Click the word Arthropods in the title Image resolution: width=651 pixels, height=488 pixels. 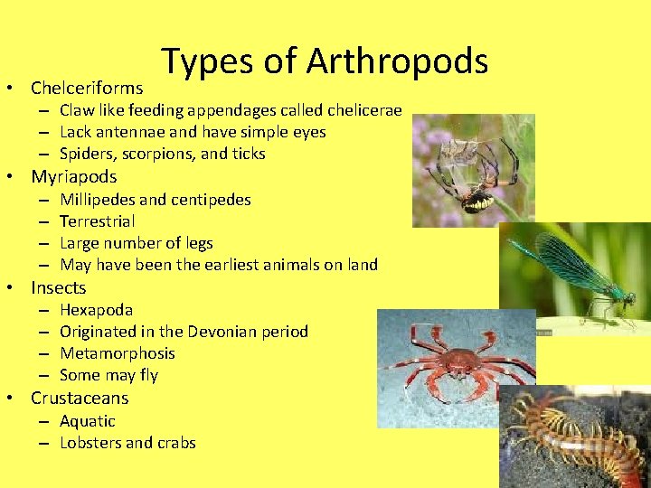[x=397, y=61]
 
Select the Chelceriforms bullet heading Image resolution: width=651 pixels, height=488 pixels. [x=87, y=88]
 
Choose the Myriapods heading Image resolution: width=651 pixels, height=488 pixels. [x=74, y=176]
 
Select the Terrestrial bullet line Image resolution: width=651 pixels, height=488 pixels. [x=98, y=221]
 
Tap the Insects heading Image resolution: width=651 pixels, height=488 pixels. [x=59, y=287]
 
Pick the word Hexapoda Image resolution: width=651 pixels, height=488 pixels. [x=97, y=310]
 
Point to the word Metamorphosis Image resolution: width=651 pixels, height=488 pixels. [x=118, y=353]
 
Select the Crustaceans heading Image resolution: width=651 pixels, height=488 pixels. [x=80, y=398]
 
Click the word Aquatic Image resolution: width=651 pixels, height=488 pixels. [x=88, y=421]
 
